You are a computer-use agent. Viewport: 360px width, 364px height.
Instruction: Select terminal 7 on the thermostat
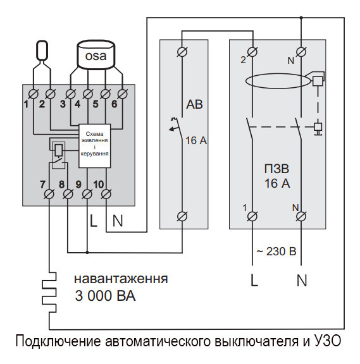pos(49,196)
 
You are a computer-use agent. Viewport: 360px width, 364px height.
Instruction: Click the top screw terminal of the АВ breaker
pos(183,51)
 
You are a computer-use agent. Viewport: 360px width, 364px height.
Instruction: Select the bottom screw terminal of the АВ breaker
pos(183,216)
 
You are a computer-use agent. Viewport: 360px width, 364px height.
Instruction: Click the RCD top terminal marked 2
pos(254,51)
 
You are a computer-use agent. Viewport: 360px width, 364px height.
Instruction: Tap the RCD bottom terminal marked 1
pos(254,216)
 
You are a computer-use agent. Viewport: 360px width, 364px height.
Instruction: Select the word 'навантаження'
pos(120,278)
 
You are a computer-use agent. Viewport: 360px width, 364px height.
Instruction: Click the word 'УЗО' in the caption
pos(326,343)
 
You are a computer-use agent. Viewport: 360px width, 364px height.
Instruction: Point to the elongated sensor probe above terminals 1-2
pos(42,51)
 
